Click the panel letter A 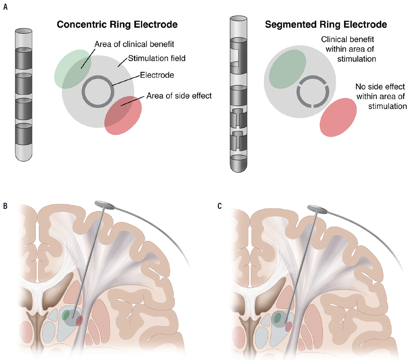click(x=5, y=7)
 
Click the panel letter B click(x=5, y=206)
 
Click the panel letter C click(x=219, y=206)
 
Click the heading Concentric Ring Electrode click(x=117, y=24)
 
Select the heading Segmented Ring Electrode click(x=326, y=24)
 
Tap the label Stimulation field click(x=156, y=58)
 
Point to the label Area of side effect click(x=179, y=96)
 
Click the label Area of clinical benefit click(x=134, y=44)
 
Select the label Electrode click(x=157, y=75)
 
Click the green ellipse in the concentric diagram click(x=68, y=65)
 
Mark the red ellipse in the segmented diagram click(x=338, y=117)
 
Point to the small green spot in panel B click(x=65, y=315)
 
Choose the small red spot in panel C click(x=288, y=326)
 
